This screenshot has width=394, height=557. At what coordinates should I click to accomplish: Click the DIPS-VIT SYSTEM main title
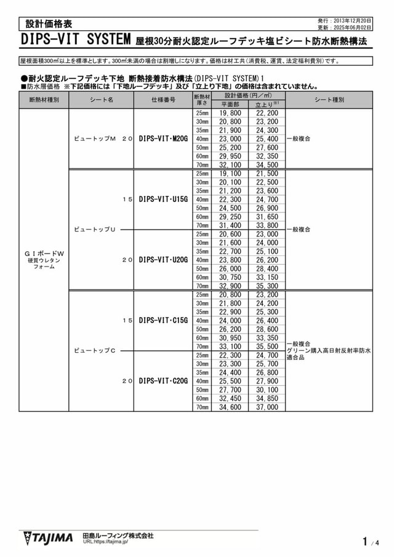[76, 40]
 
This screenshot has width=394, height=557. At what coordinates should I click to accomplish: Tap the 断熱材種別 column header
[44, 100]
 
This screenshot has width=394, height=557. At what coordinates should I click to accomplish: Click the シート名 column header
[102, 100]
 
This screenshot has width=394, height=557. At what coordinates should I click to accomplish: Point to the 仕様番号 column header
[163, 100]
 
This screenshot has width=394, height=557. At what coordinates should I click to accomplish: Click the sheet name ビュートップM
[95, 139]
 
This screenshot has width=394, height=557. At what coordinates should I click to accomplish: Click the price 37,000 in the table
[267, 407]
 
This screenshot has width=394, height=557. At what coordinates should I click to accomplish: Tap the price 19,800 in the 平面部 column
[230, 113]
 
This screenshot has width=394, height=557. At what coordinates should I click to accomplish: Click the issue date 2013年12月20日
[353, 20]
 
